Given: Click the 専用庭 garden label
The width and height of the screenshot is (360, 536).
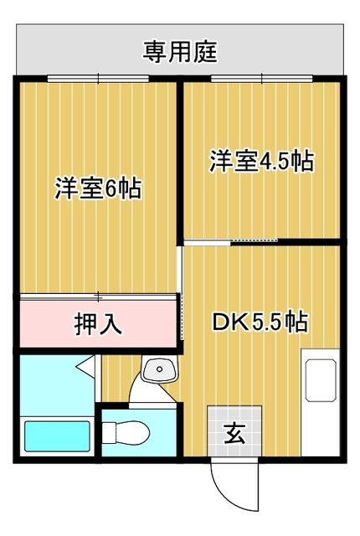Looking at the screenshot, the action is coord(180,52).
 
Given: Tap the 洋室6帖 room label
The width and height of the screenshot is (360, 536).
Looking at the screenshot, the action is coord(98,188).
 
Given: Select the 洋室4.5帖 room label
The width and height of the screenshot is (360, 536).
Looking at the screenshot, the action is coord(262,161).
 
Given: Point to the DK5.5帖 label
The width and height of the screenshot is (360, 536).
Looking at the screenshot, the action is coord(260,321).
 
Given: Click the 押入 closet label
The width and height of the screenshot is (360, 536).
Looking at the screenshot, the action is coord(98,323).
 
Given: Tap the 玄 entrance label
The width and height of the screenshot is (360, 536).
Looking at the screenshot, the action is coord(234,433).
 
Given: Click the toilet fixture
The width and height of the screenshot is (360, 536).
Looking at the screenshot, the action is coord(126,433).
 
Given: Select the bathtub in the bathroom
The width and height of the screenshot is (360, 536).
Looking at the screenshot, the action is coord(57,436).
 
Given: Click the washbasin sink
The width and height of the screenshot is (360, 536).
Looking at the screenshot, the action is coord(160,369).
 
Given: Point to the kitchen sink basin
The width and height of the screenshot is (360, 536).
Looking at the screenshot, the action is coord(321,380).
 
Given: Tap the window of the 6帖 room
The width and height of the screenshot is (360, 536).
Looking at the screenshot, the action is coord(98,79).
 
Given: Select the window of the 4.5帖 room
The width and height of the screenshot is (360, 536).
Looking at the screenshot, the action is coord(262,79).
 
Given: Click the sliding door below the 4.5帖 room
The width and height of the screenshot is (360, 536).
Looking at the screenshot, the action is coord(231,242).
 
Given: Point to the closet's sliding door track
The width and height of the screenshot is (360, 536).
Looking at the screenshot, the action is coord(98,297).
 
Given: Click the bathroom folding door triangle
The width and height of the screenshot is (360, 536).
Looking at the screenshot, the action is coord(85,367).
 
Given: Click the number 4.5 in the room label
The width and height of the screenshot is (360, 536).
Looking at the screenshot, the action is coord(275,162).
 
